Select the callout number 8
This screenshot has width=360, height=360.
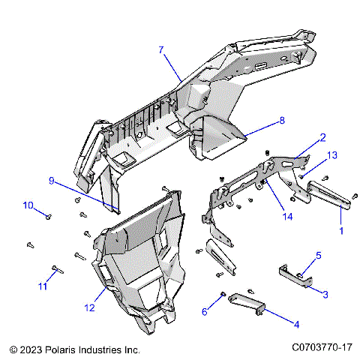tap(282, 120)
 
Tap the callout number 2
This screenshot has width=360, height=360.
tap(322, 138)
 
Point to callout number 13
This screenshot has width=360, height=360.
tap(332, 154)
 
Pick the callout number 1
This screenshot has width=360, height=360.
tap(343, 231)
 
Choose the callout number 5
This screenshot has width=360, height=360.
tap(318, 256)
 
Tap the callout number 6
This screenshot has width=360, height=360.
tap(205, 311)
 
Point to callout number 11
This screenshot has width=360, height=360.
tap(43, 286)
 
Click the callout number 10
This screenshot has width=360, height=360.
tap(28, 205)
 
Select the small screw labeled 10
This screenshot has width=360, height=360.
tap(49, 216)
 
